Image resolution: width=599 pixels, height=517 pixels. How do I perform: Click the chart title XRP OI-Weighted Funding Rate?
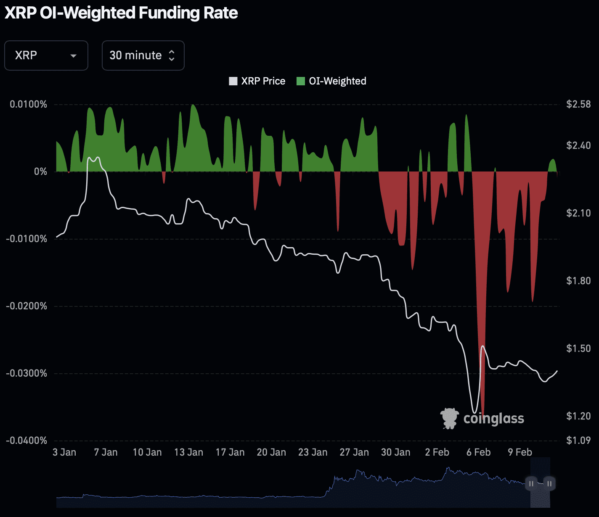coord(121,13)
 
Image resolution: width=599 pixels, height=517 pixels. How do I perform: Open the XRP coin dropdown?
coord(46,55)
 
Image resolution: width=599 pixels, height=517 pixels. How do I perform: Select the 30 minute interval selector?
coord(143,55)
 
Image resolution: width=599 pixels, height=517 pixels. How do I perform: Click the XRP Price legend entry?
coord(257,81)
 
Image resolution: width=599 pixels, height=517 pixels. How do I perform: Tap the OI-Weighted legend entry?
coord(331,81)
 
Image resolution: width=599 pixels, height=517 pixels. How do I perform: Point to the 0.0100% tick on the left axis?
coord(29,104)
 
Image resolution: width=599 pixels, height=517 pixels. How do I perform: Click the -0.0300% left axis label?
coord(27,373)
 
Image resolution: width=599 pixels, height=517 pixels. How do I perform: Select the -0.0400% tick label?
coord(27,441)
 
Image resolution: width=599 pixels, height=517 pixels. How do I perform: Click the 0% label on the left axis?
coord(40,171)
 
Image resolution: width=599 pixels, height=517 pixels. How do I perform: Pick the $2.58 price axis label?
coord(578,104)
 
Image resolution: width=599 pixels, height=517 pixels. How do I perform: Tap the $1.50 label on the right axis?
coord(578,348)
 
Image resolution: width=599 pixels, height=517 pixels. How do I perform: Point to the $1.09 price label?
coord(578,441)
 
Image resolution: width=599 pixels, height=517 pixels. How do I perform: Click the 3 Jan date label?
coord(64,452)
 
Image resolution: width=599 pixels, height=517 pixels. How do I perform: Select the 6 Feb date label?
coord(478,452)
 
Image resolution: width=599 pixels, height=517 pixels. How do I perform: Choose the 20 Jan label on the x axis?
coord(271,452)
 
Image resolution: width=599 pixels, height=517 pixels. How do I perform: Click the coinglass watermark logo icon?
coord(449,418)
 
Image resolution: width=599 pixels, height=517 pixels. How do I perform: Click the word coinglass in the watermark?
coord(494,419)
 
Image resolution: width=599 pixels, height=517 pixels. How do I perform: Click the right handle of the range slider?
coord(549,484)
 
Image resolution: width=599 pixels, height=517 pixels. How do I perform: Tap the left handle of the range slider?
coord(531,484)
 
